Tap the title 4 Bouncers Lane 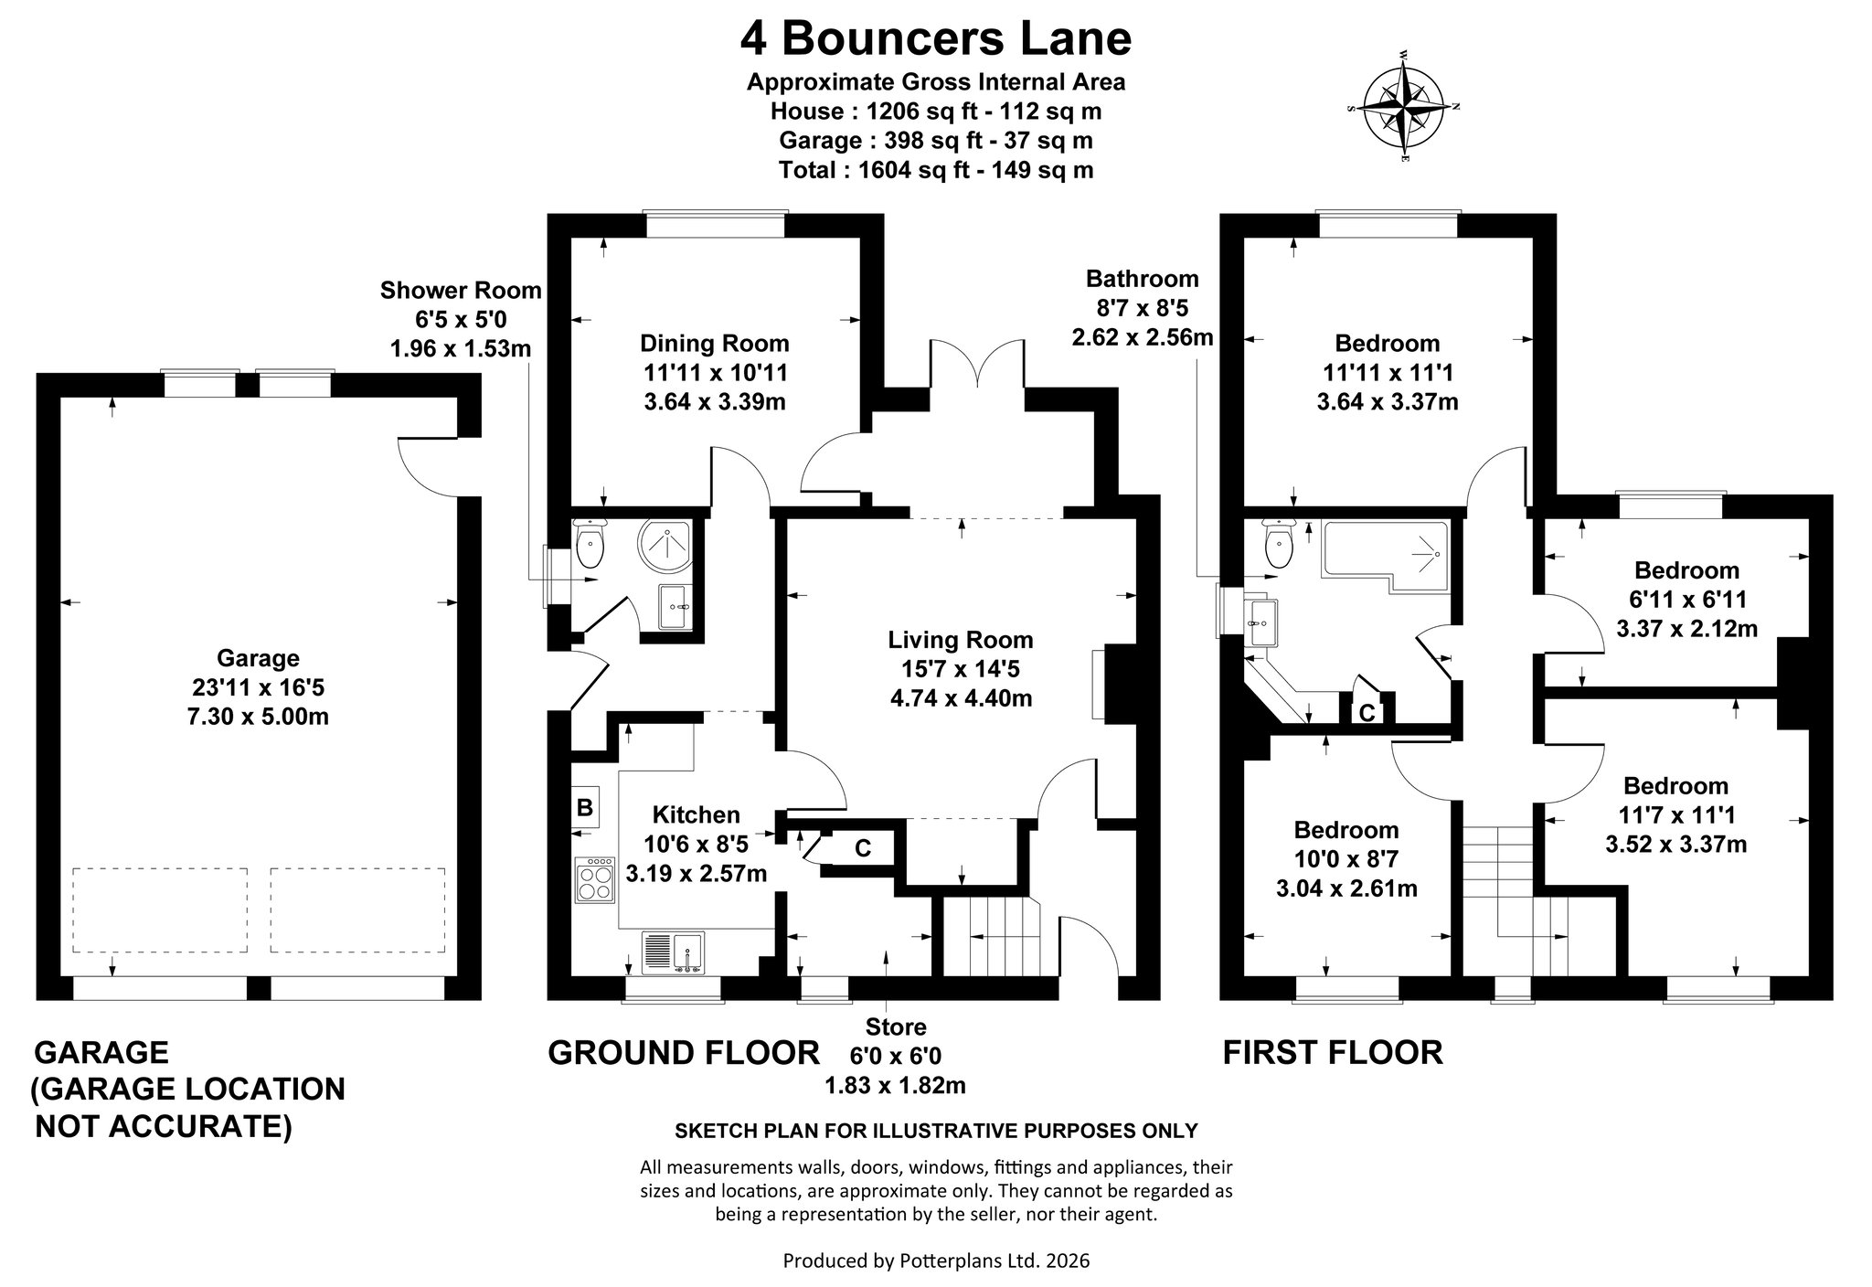(x=935, y=38)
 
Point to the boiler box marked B (x=585, y=807)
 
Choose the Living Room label (x=961, y=640)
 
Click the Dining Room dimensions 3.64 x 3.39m (x=715, y=402)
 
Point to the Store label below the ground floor (x=896, y=1026)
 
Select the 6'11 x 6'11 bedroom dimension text (x=1686, y=600)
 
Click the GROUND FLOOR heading (x=683, y=1053)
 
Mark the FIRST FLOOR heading (x=1333, y=1053)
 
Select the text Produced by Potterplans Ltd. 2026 (x=936, y=1260)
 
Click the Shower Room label (x=461, y=291)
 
